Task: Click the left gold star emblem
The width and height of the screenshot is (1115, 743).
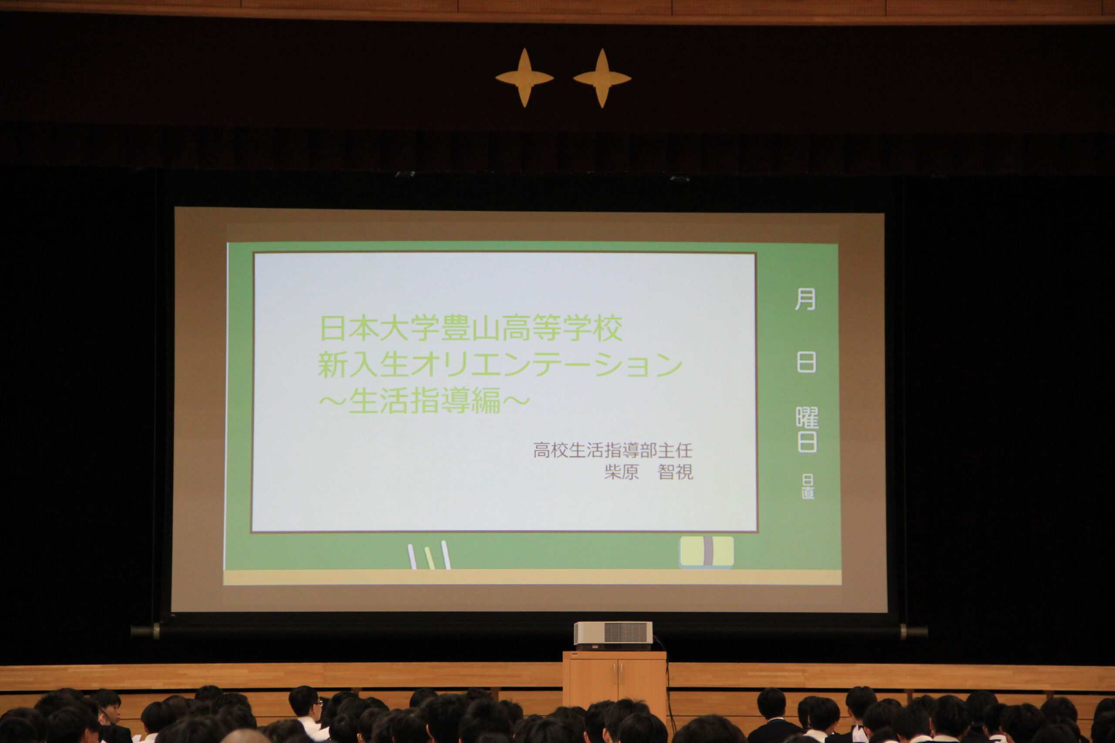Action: pos(524,78)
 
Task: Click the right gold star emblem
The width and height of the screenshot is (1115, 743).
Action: pos(602,78)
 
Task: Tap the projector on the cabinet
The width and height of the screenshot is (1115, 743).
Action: pos(613,635)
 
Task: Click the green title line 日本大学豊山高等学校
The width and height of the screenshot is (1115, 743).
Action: pos(471,328)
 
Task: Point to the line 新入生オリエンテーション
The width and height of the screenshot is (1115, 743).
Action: pos(500,364)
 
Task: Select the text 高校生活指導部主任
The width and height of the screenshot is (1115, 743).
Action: pos(613,450)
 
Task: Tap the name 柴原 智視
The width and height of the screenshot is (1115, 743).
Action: pos(649,472)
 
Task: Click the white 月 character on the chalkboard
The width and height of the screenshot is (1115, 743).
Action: pos(805,299)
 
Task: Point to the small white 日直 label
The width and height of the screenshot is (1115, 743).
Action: pos(808,487)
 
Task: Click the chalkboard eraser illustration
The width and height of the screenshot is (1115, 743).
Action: pos(707,551)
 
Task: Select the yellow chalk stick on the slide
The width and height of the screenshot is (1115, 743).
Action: pos(429,558)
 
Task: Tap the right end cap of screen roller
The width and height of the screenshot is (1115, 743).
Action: pos(914,632)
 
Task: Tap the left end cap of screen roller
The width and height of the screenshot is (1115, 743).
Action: pos(145,631)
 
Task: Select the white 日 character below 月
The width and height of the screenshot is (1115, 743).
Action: pos(806,363)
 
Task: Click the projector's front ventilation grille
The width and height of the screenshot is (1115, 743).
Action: pos(625,633)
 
